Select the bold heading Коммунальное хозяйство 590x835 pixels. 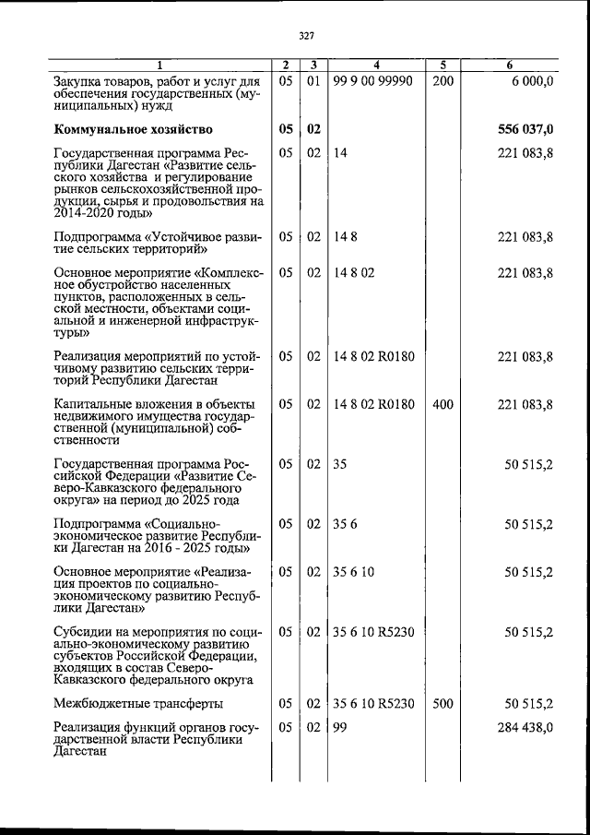134,128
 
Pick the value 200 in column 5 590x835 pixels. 442,82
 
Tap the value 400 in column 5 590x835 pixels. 442,404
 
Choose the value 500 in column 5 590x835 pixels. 442,704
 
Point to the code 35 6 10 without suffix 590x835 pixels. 354,572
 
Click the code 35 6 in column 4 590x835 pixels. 346,524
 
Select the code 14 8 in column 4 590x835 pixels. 346,236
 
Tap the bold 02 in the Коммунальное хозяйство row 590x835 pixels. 314,128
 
